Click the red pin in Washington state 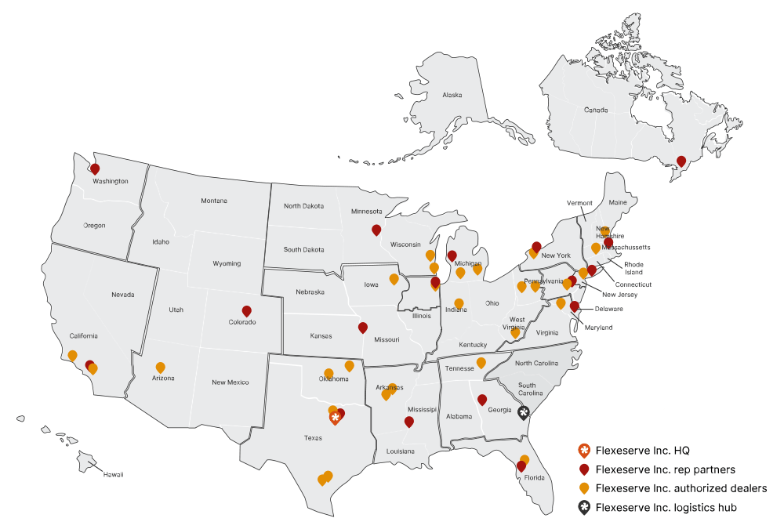tap(95, 168)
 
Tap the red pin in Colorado tap(247, 311)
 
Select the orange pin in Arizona tap(161, 367)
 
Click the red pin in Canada tap(681, 161)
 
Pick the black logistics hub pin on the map tap(524, 412)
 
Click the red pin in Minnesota tap(376, 230)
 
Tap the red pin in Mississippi tap(408, 422)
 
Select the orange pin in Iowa tap(394, 279)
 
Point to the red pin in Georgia tap(482, 399)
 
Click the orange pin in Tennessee tap(481, 363)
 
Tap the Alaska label tap(452, 95)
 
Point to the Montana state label tap(213, 201)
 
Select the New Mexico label tap(230, 382)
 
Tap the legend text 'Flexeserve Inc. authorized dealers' tap(681, 488)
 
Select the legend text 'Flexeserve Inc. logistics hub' tap(666, 508)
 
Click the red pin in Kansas tap(362, 328)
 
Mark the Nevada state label tap(122, 295)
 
